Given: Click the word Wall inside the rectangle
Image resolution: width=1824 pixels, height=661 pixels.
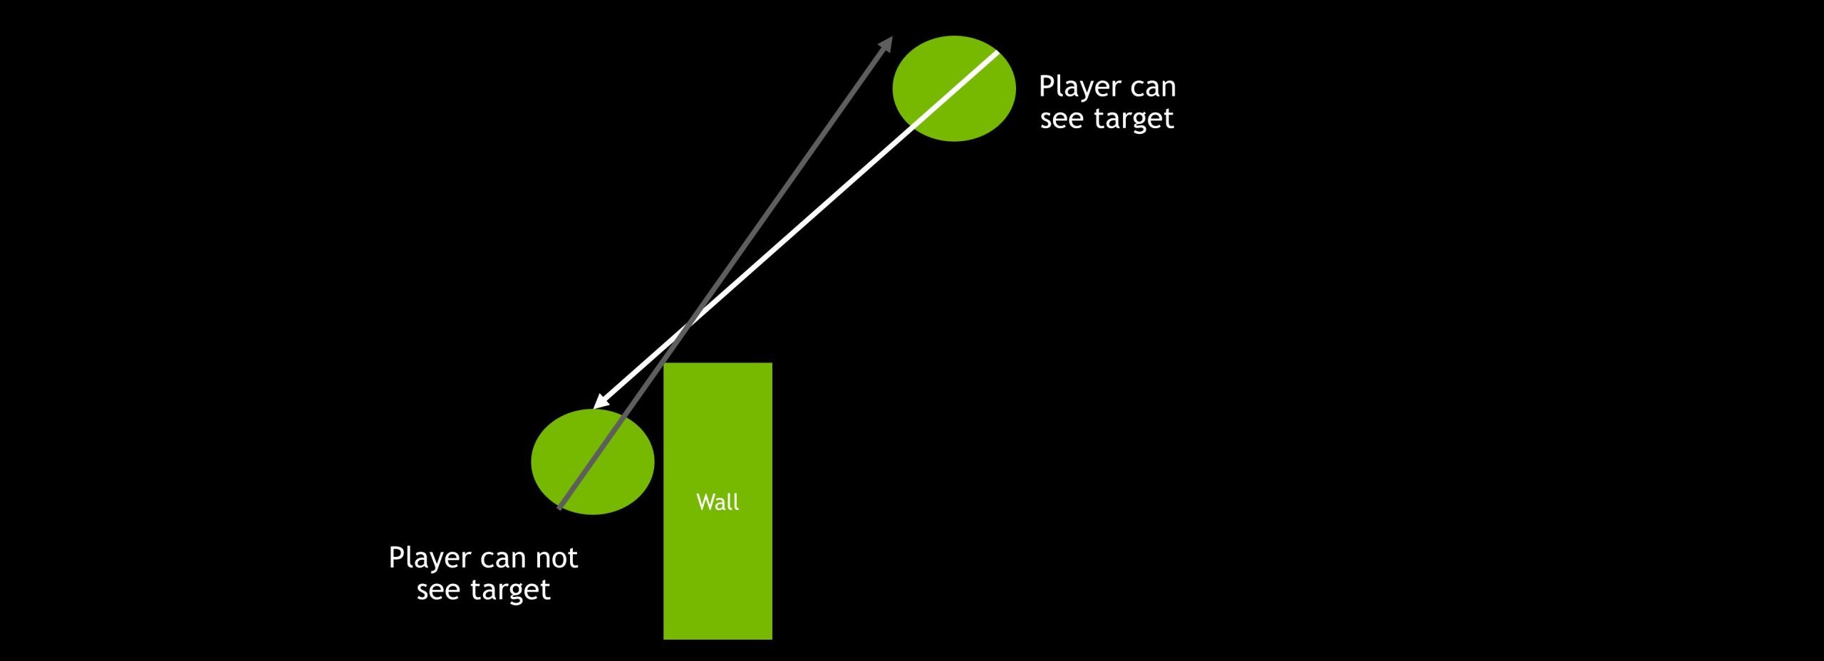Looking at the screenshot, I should pos(717,502).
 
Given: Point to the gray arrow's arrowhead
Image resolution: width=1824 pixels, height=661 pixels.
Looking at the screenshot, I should pos(887,43).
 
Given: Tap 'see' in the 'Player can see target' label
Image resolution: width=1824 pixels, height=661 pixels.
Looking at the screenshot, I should pos(1062,119).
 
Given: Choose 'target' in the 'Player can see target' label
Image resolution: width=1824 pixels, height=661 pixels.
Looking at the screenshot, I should pos(1134,119).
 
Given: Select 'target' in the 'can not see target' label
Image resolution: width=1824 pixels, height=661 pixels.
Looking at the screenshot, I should pos(510,590).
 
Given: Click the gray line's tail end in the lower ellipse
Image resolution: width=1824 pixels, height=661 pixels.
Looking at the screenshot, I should pos(560,509).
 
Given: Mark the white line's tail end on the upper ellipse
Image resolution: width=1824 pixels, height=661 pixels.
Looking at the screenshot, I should pos(996,53).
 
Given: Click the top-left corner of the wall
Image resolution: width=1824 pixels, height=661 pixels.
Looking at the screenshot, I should pos(664,363).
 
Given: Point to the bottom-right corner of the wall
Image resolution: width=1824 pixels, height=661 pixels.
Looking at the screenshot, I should pos(772,639).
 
